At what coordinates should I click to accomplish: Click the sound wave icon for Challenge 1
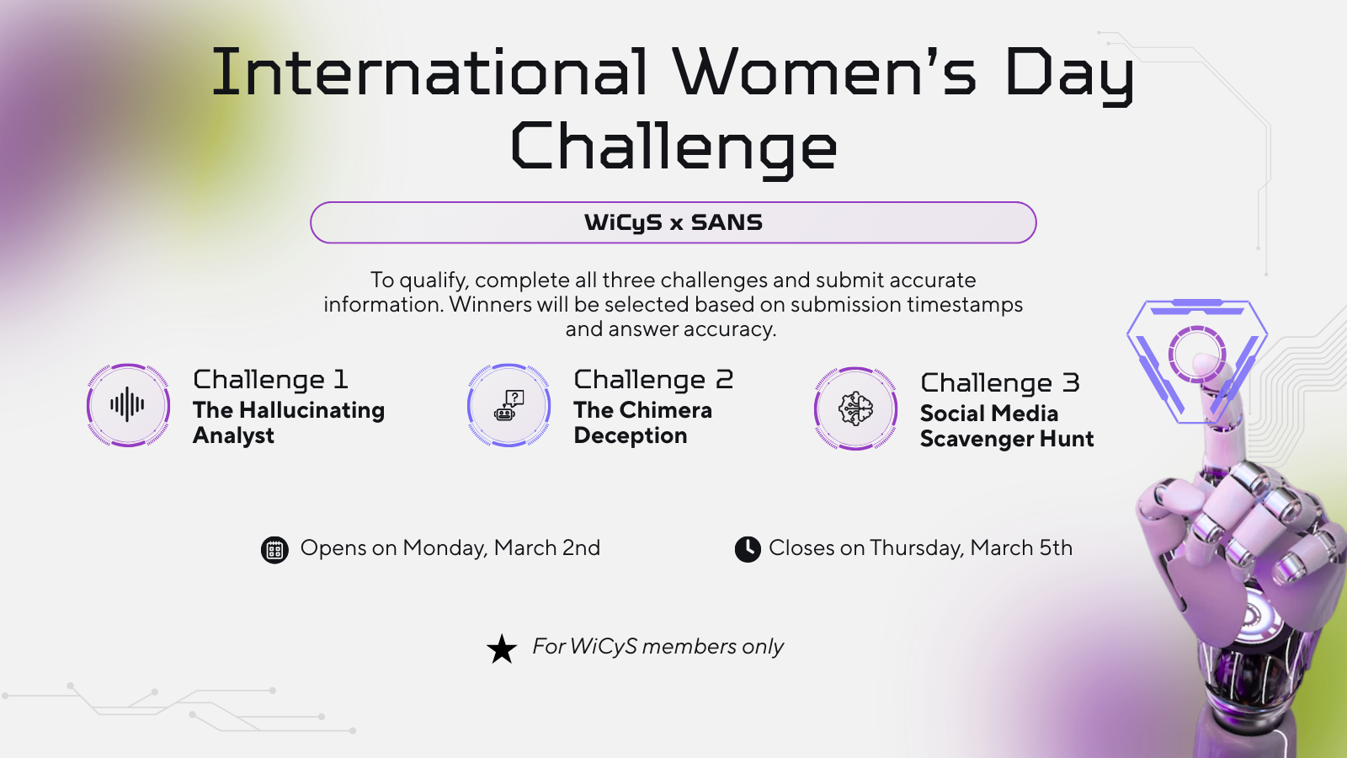pos(127,405)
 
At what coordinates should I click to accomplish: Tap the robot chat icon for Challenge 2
pos(508,405)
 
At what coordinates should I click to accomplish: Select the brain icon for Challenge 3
pos(855,409)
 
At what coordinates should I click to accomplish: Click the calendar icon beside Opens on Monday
pos(274,550)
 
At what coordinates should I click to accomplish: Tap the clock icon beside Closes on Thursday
pos(748,549)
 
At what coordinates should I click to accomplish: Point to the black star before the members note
pos(502,649)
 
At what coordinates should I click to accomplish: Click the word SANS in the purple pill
pos(727,222)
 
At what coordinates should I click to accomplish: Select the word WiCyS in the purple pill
pos(623,222)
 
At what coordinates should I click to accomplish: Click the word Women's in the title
pos(824,72)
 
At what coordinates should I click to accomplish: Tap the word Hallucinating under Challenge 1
pos(312,410)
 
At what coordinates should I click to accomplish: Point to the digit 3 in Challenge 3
pos(1070,382)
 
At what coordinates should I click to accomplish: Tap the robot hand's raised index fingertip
pos(1206,364)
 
